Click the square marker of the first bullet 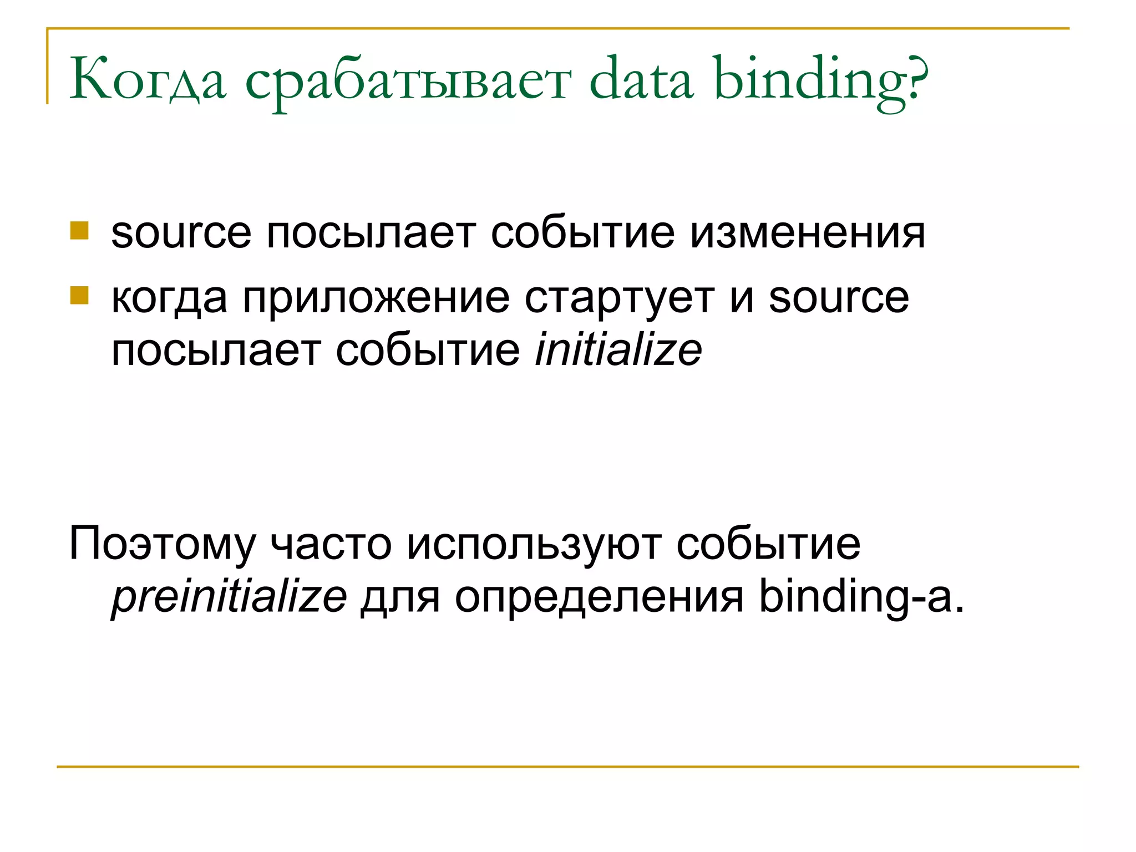click(79, 231)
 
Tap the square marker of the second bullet click(79, 296)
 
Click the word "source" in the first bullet click(181, 233)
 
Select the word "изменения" click(807, 233)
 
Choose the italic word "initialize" click(618, 350)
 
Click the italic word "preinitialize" click(229, 597)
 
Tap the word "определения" click(599, 597)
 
